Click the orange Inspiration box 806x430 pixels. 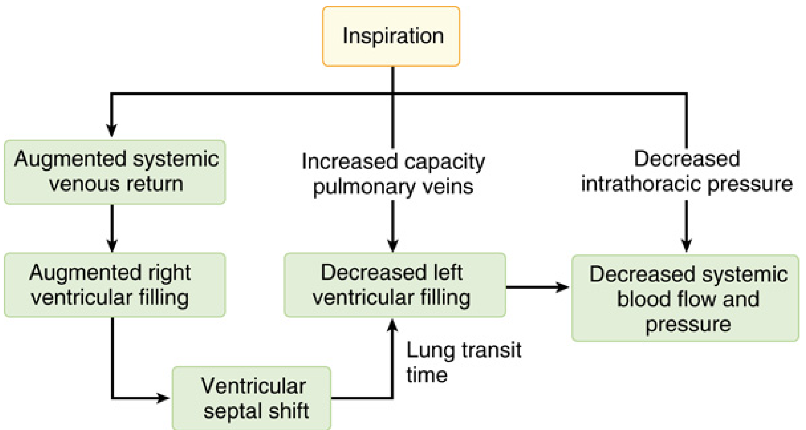point(391,36)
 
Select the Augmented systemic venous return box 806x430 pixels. point(115,172)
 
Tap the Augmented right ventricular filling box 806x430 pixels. point(115,285)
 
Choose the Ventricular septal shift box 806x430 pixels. point(251,398)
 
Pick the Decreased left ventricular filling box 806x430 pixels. point(395,285)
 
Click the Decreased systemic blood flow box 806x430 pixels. point(685,298)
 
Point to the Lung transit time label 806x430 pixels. point(464,362)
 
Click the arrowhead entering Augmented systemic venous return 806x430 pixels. point(111,130)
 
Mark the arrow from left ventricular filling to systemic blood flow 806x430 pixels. point(538,287)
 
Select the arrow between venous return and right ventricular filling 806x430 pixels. point(112,228)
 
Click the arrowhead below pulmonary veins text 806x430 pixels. point(393,245)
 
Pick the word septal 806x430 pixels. point(228,412)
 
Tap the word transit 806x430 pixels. point(492,350)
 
